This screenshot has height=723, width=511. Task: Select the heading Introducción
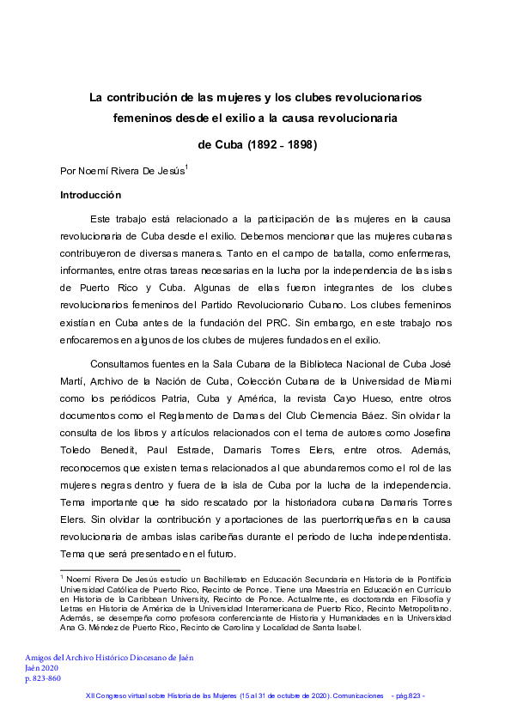[x=91, y=195]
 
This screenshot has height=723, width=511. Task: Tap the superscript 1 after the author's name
[x=186, y=166]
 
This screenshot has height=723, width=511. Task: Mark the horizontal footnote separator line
[x=119, y=569]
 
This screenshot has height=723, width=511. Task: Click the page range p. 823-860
[x=43, y=678]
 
